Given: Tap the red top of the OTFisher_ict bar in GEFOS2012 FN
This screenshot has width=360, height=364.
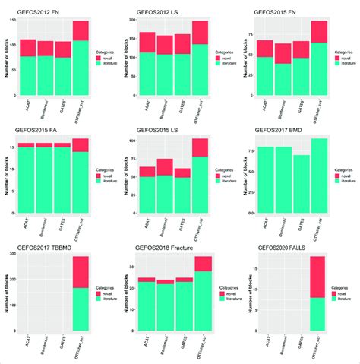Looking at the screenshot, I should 80,30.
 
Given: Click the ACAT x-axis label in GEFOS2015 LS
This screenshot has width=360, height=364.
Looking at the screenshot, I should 146,224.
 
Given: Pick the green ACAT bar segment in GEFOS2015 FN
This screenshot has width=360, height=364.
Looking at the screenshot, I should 265,78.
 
